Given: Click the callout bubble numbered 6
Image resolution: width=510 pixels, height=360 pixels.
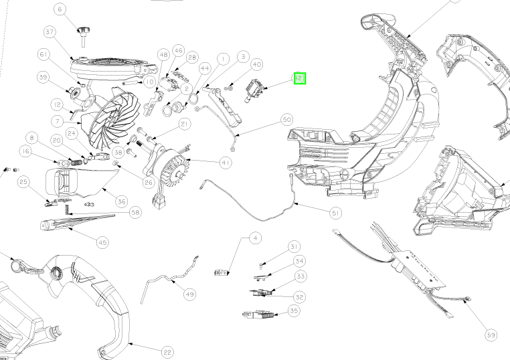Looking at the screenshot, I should coord(61,9).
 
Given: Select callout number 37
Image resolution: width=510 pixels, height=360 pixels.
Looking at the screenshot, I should coord(49,32).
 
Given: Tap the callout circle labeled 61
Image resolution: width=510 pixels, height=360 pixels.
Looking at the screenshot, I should coord(44,54).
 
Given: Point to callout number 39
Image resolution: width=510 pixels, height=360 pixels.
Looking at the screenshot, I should coord(44,78).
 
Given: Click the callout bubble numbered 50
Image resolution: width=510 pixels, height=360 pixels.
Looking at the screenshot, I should coord(286,120).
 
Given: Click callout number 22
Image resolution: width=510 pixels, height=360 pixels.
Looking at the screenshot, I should coord(167,352).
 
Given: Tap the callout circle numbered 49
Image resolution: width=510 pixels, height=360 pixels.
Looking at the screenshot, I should coord(190,294).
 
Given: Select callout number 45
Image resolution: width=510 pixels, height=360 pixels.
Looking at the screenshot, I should coord(102,242).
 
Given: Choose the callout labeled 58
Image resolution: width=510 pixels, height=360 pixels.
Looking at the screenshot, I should coord(135,212).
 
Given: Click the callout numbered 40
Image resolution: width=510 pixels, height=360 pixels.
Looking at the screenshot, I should coord(256,64).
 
